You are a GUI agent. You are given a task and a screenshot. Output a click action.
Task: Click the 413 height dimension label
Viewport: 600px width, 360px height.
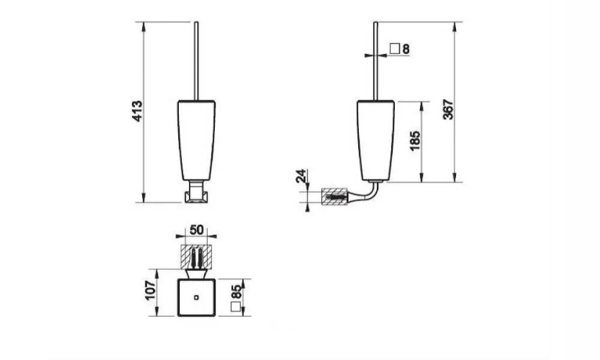coord(137,111)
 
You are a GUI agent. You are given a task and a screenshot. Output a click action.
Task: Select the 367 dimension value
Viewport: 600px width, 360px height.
coord(448,109)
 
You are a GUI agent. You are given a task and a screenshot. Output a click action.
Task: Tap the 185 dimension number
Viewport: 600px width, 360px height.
coord(415,141)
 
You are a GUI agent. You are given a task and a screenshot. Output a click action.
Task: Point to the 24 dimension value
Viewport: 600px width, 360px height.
coord(302,176)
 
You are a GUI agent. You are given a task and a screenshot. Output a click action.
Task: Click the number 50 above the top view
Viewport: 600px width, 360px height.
coord(196,230)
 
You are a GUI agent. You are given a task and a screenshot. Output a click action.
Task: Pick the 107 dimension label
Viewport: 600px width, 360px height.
coord(150,291)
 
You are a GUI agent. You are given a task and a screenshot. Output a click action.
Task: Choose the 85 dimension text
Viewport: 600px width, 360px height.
coord(237,292)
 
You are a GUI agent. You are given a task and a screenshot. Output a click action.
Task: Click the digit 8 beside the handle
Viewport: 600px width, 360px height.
coord(406,49)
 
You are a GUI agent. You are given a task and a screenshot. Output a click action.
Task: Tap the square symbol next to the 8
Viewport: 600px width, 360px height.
coord(394,49)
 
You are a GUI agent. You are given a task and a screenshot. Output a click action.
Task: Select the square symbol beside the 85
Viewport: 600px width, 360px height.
coord(236,307)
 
